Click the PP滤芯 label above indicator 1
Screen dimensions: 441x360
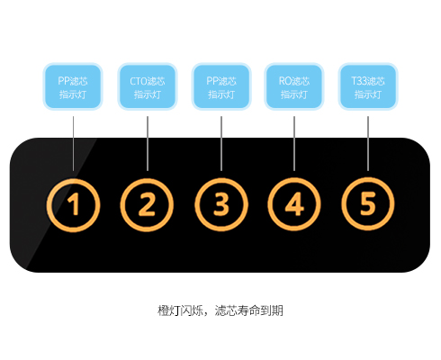pyautogui.click(x=73, y=86)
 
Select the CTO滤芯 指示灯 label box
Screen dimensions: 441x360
pyautogui.click(x=148, y=86)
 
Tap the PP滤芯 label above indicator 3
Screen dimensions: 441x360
pyautogui.click(x=221, y=86)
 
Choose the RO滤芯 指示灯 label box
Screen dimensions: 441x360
pyautogui.click(x=294, y=86)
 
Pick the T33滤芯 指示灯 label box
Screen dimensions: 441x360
pyautogui.click(x=368, y=86)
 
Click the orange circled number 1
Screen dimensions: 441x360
pyautogui.click(x=73, y=205)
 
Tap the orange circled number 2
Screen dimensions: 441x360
pyautogui.click(x=147, y=205)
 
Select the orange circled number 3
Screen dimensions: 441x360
pyautogui.click(x=221, y=204)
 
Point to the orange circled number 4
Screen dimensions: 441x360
pyautogui.click(x=294, y=204)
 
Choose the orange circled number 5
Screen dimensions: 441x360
pyautogui.click(x=368, y=204)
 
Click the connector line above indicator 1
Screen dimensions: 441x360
pyautogui.click(x=73, y=143)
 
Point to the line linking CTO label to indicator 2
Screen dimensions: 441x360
pyautogui.click(x=148, y=143)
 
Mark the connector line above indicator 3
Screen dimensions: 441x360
pyautogui.click(x=221, y=143)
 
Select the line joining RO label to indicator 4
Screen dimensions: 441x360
pyautogui.click(x=294, y=143)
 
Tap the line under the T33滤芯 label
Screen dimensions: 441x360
pyautogui.click(x=368, y=143)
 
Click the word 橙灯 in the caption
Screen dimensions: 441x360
pyautogui.click(x=169, y=310)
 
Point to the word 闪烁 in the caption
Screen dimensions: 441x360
pyautogui.click(x=192, y=310)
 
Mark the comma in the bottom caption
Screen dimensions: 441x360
pyautogui.click(x=207, y=314)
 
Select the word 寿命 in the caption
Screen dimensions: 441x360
pyautogui.click(x=248, y=310)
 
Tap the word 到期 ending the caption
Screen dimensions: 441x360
pyautogui.click(x=272, y=310)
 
